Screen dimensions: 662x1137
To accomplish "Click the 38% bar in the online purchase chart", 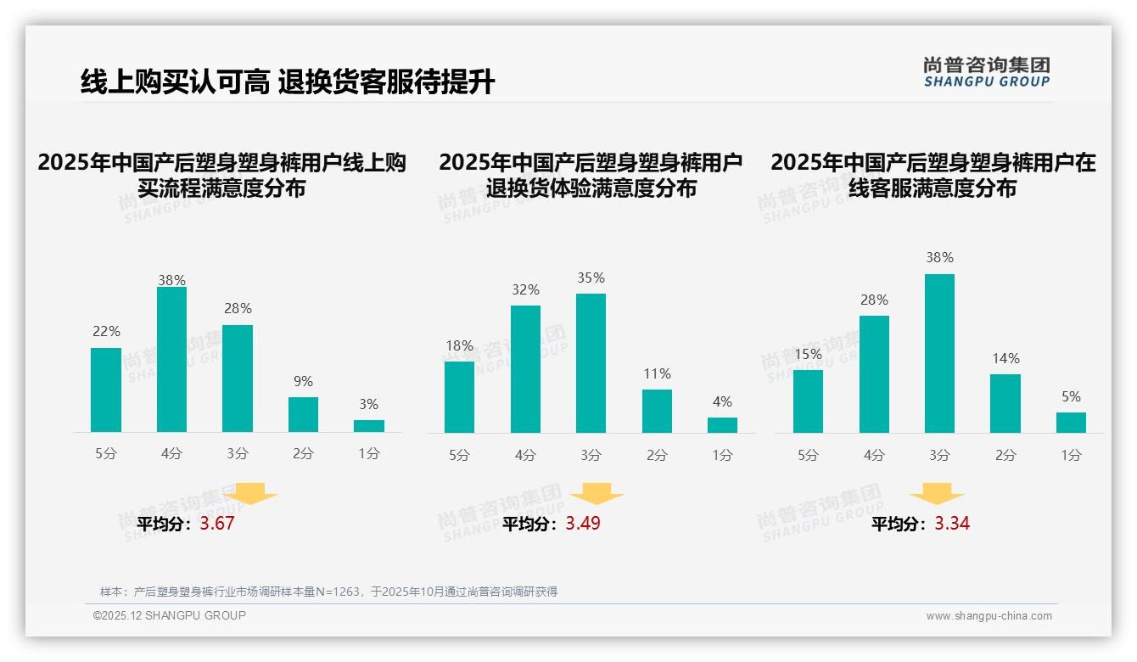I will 171,360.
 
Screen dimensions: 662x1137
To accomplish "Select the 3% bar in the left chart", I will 369,426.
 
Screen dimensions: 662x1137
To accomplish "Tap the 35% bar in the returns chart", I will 591,363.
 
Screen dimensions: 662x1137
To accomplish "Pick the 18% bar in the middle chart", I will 459,397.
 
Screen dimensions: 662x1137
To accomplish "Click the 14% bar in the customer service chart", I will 1005,403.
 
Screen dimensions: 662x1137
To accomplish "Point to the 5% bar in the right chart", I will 1071,423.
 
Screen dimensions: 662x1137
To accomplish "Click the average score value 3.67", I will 217,524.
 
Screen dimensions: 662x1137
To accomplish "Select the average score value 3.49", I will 583,524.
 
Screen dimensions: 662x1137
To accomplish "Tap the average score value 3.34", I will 952,524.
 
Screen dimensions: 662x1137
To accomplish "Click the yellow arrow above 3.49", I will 597,494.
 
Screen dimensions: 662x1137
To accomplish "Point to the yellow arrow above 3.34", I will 937,494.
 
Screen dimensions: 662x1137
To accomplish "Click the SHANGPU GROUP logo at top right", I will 987,72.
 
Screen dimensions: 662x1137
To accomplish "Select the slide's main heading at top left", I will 287,81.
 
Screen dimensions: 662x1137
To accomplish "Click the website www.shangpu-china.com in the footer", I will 989,616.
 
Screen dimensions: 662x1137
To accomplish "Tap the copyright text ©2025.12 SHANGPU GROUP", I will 170,615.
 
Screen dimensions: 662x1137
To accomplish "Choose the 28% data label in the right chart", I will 874,300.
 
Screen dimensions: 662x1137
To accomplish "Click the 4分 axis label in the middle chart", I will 526,455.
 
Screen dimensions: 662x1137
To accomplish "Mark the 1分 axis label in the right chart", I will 1071,455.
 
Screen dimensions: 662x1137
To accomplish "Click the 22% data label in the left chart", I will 106,332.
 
